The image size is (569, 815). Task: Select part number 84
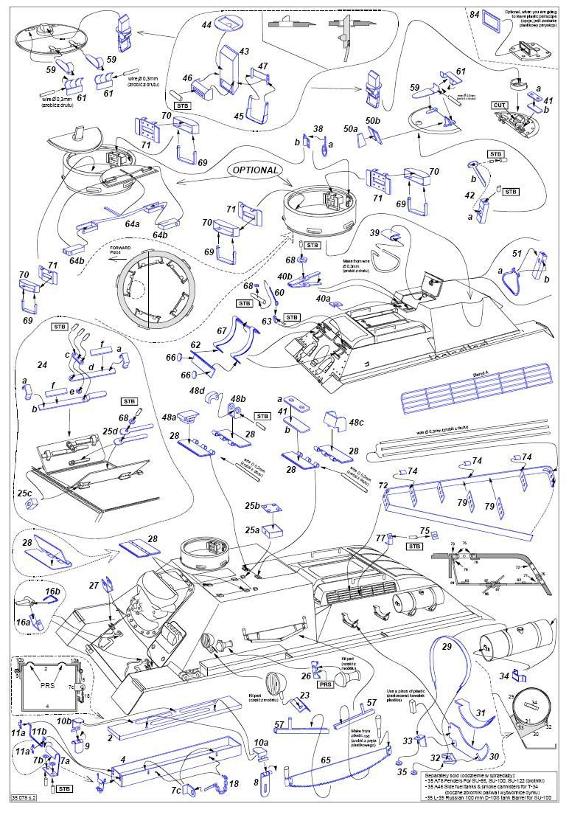point(475,14)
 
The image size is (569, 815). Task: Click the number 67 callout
point(222,331)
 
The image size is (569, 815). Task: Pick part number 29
point(446,645)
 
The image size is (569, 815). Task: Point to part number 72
point(383,486)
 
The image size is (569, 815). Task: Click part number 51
point(517,253)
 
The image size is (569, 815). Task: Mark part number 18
point(234,784)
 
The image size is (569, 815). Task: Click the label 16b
point(52,592)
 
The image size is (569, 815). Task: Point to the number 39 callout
point(374,232)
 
